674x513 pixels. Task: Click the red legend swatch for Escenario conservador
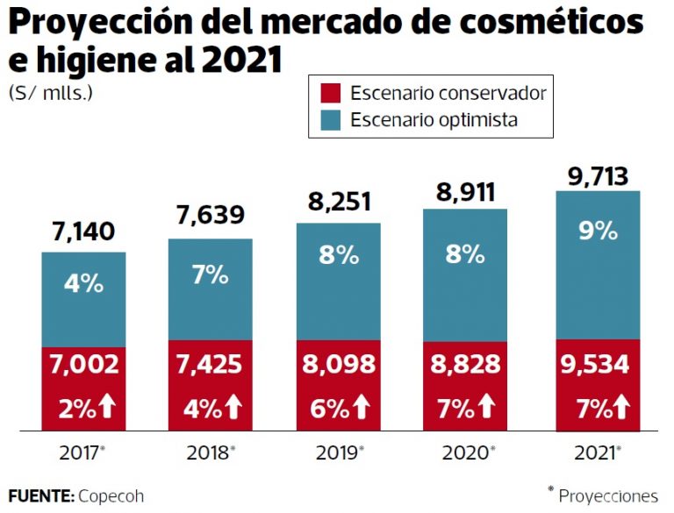click(330, 93)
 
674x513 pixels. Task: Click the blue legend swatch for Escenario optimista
click(330, 119)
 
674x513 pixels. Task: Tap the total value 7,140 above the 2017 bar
click(84, 232)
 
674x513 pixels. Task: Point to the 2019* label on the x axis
click(339, 453)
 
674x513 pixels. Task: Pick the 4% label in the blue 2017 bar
click(83, 284)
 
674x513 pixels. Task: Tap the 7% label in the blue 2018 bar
click(211, 274)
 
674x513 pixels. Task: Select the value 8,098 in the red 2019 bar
click(338, 365)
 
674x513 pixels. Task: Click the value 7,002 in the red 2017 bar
click(83, 365)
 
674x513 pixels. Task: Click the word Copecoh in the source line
click(111, 495)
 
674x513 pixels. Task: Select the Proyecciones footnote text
click(607, 495)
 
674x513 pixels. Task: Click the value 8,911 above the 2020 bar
click(466, 192)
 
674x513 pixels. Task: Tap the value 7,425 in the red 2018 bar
click(211, 365)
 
